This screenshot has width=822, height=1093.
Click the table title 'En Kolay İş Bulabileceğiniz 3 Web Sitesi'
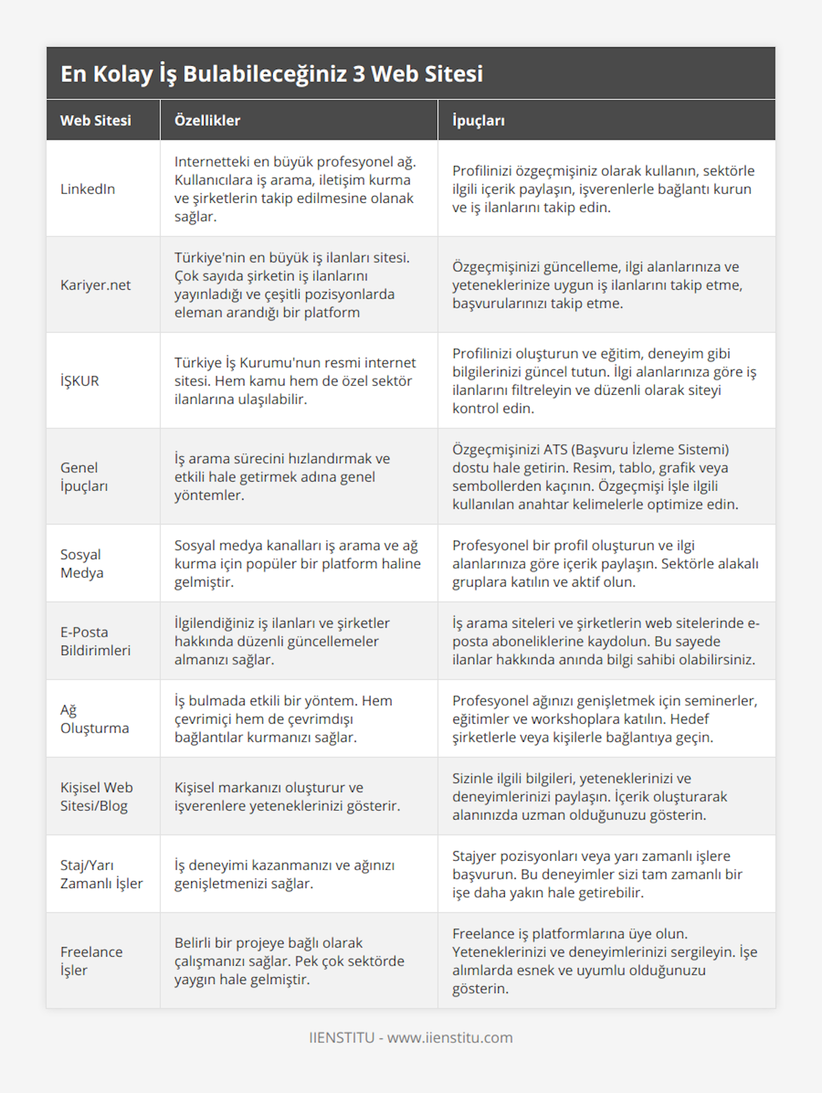[271, 74]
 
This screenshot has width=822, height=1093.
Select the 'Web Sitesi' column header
[95, 121]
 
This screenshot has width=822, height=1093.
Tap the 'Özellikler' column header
[207, 121]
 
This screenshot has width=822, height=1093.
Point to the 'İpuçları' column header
[478, 121]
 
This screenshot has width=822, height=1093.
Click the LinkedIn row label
[88, 189]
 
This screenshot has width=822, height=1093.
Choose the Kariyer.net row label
[95, 285]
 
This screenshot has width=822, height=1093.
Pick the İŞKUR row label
[79, 381]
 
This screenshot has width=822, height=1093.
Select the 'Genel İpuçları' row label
[84, 477]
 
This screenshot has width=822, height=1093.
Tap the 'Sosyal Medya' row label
[81, 563]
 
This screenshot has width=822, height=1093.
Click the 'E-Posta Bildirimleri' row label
[95, 641]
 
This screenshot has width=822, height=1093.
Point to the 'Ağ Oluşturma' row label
[95, 719]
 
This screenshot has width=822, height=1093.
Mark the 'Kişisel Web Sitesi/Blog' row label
[97, 796]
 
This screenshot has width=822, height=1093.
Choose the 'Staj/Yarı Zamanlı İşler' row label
[101, 874]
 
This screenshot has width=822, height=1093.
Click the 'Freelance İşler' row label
[91, 961]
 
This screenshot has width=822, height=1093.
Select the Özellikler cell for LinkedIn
[295, 189]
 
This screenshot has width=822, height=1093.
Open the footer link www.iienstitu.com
[449, 1037]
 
